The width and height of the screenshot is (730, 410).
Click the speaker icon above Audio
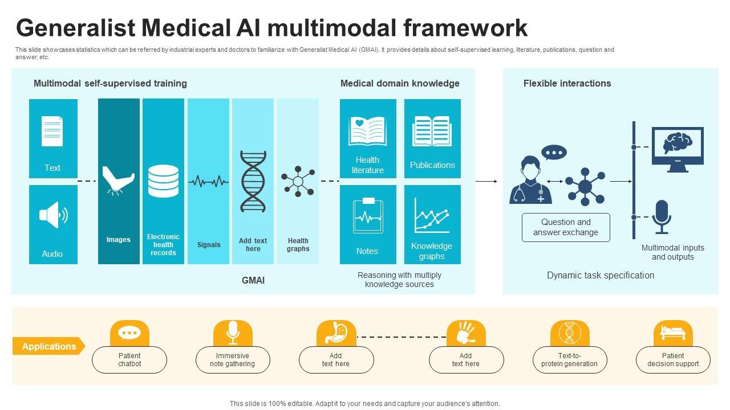pyautogui.click(x=53, y=215)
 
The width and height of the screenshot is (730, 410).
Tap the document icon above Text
pyautogui.click(x=52, y=131)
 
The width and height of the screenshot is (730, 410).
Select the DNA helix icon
pyautogui.click(x=253, y=182)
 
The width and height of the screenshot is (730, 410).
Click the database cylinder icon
pyautogui.click(x=163, y=181)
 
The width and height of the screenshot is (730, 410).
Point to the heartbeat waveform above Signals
pyautogui.click(x=208, y=182)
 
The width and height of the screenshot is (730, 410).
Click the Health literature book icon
pyautogui.click(x=367, y=132)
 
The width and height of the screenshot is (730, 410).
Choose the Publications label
pyautogui.click(x=432, y=165)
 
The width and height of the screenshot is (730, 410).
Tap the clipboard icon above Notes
pyautogui.click(x=368, y=215)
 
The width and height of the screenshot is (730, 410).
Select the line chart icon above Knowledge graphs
pyautogui.click(x=432, y=215)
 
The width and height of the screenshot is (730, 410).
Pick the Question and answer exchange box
pyautogui.click(x=566, y=227)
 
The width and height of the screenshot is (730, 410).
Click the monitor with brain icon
pyautogui.click(x=678, y=149)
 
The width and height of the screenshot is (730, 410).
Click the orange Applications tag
pyautogui.click(x=48, y=346)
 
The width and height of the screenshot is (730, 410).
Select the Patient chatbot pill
pyautogui.click(x=129, y=360)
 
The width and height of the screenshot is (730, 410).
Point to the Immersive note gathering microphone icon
pyautogui.click(x=233, y=332)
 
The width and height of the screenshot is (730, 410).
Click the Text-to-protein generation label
pyautogui.click(x=569, y=360)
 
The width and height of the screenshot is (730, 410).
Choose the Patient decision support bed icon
pyautogui.click(x=673, y=332)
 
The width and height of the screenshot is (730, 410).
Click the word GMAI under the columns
pyautogui.click(x=253, y=280)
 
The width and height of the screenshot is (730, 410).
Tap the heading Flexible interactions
pyautogui.click(x=567, y=83)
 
